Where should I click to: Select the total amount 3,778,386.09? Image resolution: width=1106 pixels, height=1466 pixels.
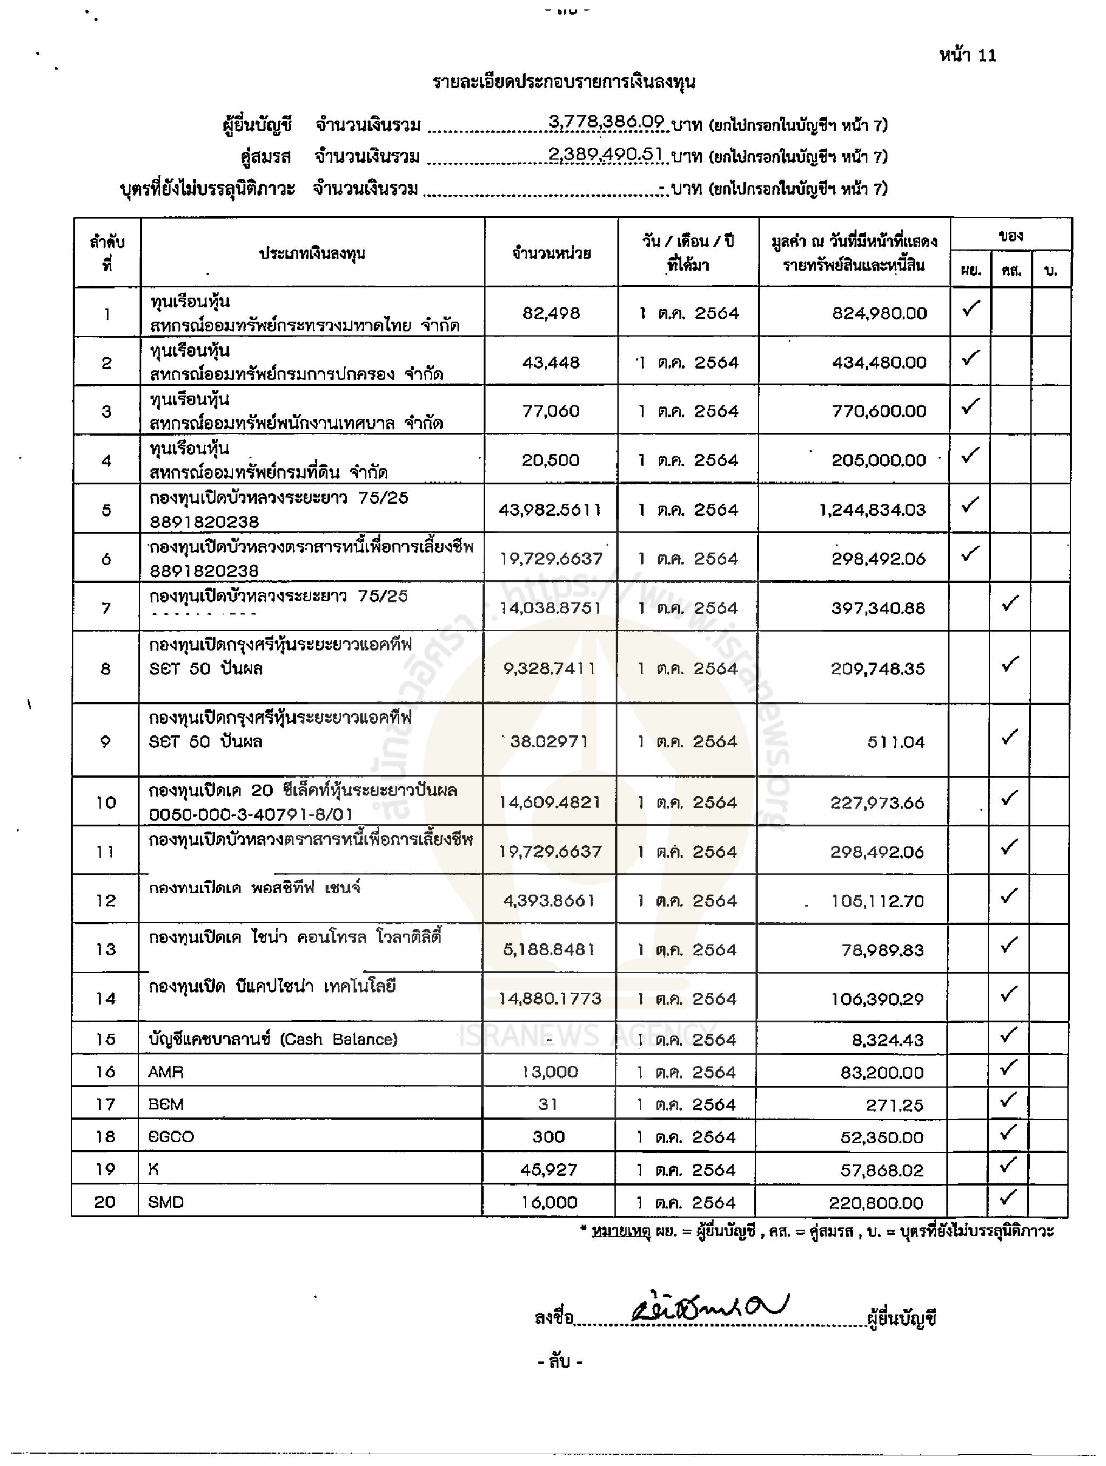click(x=606, y=122)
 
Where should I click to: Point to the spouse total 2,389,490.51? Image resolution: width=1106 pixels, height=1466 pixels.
click(x=605, y=155)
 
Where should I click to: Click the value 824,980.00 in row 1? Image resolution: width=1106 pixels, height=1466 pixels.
click(x=879, y=313)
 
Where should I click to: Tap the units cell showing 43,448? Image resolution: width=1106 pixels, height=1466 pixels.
click(x=551, y=363)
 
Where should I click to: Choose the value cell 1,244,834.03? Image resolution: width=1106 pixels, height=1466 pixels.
click(x=872, y=510)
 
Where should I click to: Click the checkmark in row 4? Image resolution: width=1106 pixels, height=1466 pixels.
click(x=970, y=456)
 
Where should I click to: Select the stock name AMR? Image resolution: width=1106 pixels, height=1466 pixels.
click(x=166, y=1072)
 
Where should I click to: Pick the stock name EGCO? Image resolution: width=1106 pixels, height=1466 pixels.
click(x=171, y=1136)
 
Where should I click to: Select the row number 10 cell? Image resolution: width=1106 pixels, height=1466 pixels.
click(x=106, y=802)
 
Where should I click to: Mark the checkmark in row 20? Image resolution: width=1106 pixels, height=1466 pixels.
click(x=1008, y=1197)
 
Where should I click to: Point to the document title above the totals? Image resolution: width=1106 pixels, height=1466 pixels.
click(x=564, y=82)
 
